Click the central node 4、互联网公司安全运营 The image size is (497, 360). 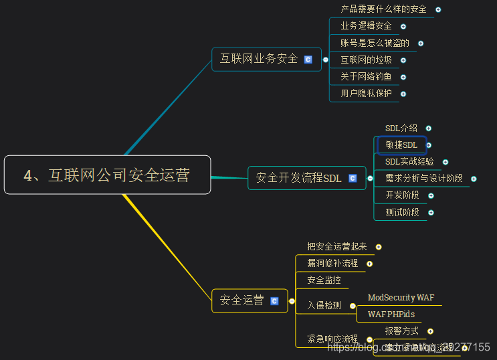pyautogui.click(x=107, y=175)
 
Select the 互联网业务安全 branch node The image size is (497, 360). pyautogui.click(x=259, y=59)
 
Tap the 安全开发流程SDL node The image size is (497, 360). pyautogui.click(x=298, y=178)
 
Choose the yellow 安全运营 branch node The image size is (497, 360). pyautogui.click(x=242, y=300)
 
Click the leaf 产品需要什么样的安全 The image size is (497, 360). pyautogui.click(x=383, y=9)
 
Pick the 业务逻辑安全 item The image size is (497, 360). pyautogui.click(x=366, y=26)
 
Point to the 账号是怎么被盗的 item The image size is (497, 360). pyautogui.click(x=375, y=43)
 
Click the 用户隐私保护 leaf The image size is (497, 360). pyautogui.click(x=366, y=94)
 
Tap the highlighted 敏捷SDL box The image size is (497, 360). pyautogui.click(x=401, y=145)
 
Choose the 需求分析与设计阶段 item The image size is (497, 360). pyautogui.click(x=423, y=178)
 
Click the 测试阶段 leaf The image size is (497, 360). pyautogui.click(x=402, y=212)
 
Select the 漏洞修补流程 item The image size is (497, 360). pyautogui.click(x=332, y=263)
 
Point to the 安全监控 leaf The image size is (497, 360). pyautogui.click(x=324, y=280)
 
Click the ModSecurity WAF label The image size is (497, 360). pyautogui.click(x=401, y=297)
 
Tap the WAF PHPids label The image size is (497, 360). pyautogui.click(x=391, y=314)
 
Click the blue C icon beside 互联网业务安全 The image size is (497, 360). pyautogui.click(x=308, y=60)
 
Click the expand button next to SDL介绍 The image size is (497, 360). pyautogui.click(x=429, y=128)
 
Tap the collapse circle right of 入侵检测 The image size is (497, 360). pyautogui.click(x=353, y=306)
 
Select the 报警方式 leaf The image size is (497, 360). pyautogui.click(x=401, y=331)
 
